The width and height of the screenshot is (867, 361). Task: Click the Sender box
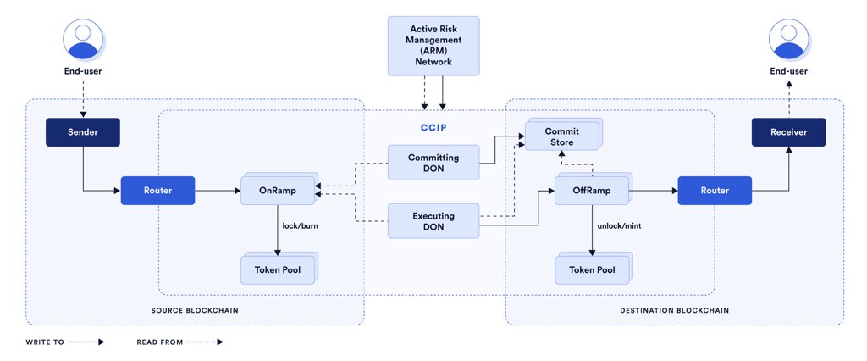[x=82, y=131]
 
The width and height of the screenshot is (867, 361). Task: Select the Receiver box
[x=788, y=132]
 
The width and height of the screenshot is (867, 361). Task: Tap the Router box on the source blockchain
[x=157, y=191]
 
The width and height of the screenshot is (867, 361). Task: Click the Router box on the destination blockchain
[x=714, y=191]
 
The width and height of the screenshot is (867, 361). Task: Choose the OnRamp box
[x=278, y=191]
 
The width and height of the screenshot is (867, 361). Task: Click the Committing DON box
[x=433, y=162]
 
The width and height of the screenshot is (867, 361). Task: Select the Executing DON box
[x=433, y=221]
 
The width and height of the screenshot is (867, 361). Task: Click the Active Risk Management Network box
[x=433, y=45]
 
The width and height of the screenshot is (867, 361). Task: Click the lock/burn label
[x=301, y=226]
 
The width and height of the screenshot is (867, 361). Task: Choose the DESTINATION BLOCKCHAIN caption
[x=674, y=311]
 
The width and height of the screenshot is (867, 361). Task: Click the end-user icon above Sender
[x=82, y=40]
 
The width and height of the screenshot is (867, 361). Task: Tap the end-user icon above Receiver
[x=788, y=40]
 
